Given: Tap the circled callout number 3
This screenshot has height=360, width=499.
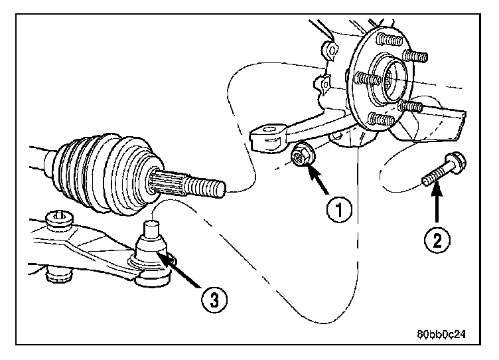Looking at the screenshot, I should pos(211,298).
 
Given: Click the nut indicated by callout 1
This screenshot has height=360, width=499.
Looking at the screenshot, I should pos(301,156).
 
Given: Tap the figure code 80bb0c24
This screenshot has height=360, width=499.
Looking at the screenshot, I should pos(441,335).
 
